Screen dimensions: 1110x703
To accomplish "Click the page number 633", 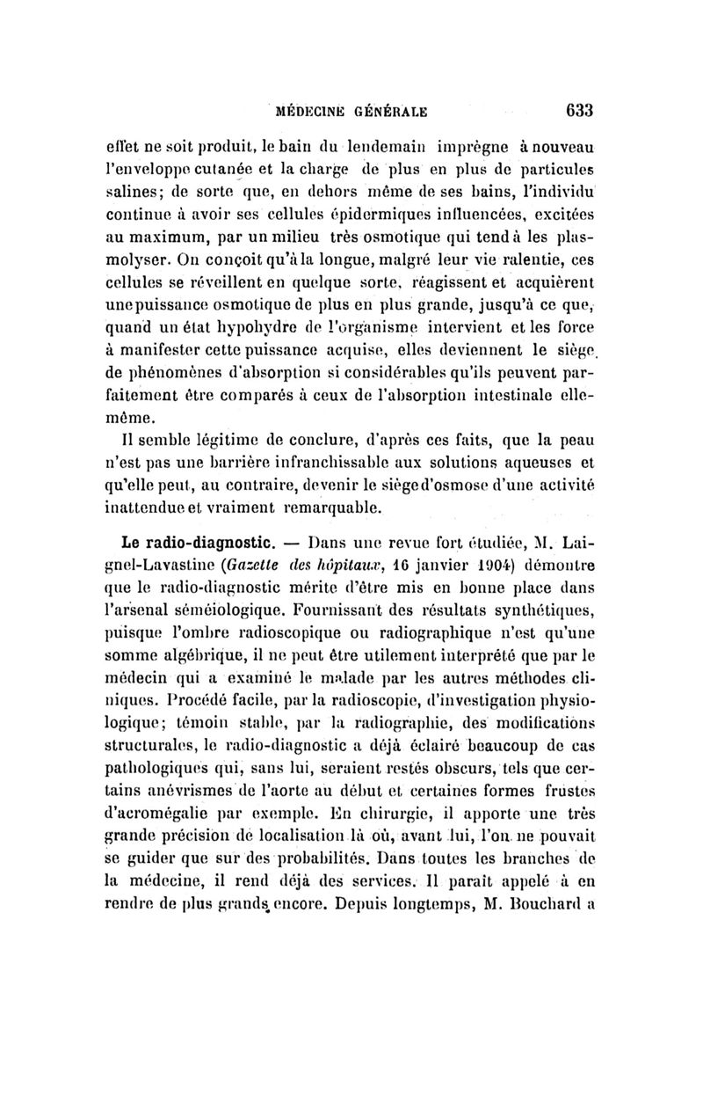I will coord(579,111).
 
